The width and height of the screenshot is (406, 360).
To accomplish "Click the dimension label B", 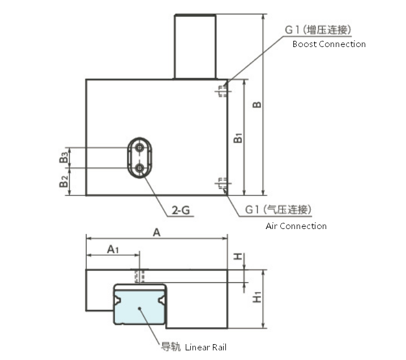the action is (x=257, y=105).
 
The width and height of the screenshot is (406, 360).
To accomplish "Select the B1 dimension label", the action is (x=238, y=138).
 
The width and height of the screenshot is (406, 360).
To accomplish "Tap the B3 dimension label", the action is (x=64, y=157).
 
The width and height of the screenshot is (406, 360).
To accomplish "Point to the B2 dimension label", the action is (x=63, y=181).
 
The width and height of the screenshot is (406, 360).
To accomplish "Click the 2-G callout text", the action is (x=181, y=210).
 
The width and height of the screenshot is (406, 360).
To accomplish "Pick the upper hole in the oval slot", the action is (x=140, y=148).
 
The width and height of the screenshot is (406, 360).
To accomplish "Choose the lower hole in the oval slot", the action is (x=140, y=168).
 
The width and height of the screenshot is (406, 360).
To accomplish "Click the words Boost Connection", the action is (x=329, y=44).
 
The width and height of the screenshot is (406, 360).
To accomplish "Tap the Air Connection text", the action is (x=296, y=226).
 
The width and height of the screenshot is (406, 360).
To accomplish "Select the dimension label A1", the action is (x=113, y=249).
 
